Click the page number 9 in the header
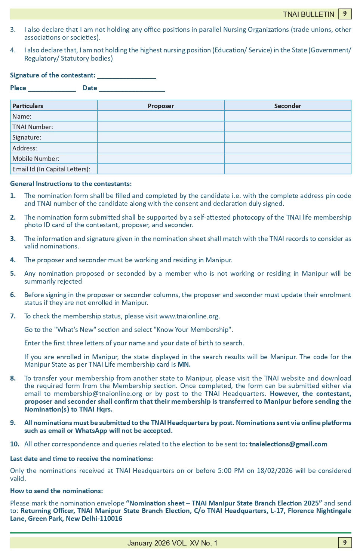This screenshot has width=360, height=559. [x=345, y=14]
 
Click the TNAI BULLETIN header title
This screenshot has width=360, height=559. [x=308, y=14]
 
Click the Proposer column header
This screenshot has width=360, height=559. [x=161, y=106]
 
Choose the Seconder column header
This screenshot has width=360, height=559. [x=287, y=106]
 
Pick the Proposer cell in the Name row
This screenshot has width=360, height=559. [x=161, y=116]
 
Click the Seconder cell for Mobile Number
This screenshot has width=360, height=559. [x=287, y=159]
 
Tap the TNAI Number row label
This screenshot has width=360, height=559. [x=33, y=127]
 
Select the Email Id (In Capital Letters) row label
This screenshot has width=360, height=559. [x=51, y=169]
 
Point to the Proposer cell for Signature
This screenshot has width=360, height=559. [x=161, y=137]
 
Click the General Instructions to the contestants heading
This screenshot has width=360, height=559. [x=71, y=184]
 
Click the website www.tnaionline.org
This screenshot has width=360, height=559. [x=189, y=316]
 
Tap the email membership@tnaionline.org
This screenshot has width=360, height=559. [x=98, y=394]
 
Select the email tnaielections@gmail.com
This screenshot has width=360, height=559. [x=288, y=444]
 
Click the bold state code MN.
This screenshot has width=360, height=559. [x=184, y=364]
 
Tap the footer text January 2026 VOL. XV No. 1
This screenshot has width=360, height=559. [x=172, y=543]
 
